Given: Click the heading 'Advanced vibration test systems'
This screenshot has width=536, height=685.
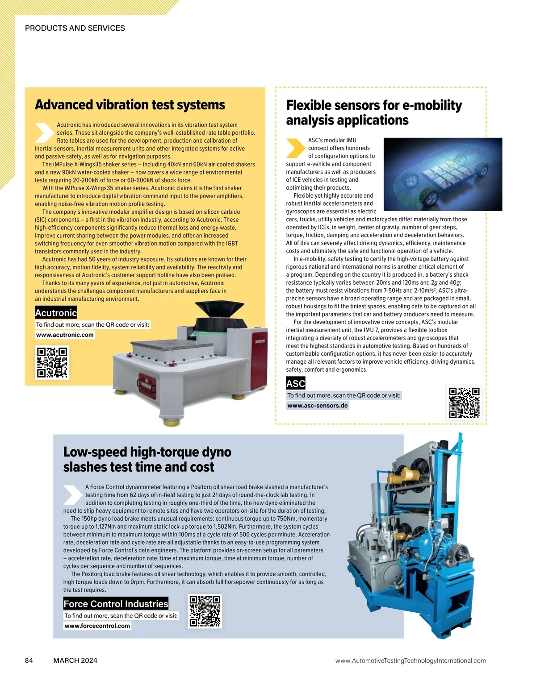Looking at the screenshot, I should coord(130,105).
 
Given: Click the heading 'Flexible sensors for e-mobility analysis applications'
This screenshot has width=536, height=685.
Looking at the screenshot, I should coord(374,112).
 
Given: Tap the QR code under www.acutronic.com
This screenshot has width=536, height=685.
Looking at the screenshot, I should coord(52,362).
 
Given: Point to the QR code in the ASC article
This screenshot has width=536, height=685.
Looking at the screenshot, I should coord(464,403).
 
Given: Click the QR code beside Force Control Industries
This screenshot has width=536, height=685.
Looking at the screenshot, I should coord(205,611).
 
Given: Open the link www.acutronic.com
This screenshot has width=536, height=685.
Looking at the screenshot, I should coord(65,335).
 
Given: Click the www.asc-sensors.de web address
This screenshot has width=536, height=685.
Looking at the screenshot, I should coord(318,406).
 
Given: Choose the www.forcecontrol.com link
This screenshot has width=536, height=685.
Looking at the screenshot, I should coord(97,626).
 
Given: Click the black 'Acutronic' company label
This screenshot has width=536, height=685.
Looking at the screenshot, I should coord(56,313).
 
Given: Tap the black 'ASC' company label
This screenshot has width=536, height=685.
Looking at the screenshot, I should coord(296,383).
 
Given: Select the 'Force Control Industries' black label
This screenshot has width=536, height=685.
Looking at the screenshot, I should coord(116,604).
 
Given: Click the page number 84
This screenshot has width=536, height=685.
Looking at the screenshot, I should coord(29,660).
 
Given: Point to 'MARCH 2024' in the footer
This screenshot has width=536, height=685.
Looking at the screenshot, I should coord(75,660).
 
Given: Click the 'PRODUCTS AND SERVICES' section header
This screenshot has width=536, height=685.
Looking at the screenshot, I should coord(75,28).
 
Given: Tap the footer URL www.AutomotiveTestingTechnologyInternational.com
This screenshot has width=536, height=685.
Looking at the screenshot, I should coord(410,660).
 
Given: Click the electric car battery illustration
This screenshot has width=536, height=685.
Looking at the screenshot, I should coord(443,175).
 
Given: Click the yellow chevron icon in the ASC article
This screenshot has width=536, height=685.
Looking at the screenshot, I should coord(295,148).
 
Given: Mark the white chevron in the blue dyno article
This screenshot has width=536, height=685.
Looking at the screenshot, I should coord(72,494).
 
